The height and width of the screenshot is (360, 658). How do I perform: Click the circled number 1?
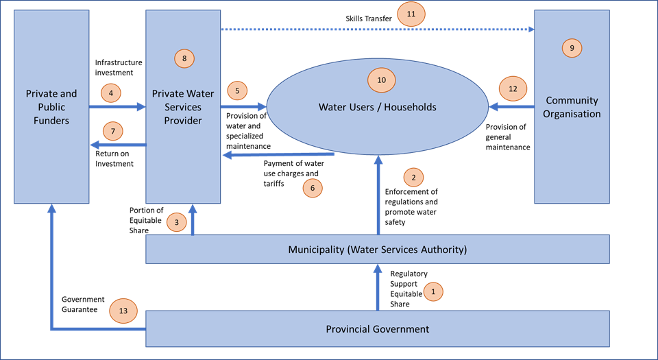tap(432, 291)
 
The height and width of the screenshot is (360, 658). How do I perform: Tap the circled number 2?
tap(413, 178)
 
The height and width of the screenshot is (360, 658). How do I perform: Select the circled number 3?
tap(176, 222)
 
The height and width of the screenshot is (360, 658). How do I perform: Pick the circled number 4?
tap(110, 93)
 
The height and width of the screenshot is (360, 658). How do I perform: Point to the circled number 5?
tap(236, 91)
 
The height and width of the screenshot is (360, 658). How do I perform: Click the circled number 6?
tap(312, 188)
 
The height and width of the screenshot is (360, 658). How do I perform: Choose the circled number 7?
tap(112, 130)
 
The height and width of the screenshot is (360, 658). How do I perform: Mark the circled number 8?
tap(184, 58)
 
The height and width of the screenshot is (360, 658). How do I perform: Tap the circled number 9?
tap(572, 48)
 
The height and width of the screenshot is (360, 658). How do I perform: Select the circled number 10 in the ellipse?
tap(382, 80)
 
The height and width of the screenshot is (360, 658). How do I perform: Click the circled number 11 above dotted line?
tap(411, 14)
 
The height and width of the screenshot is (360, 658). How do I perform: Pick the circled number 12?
tap(513, 88)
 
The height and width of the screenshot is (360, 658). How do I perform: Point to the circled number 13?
tap(123, 311)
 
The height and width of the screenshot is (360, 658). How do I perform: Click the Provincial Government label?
tap(377, 329)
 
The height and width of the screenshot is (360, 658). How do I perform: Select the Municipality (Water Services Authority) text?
tap(377, 250)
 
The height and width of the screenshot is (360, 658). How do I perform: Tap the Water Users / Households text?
tap(377, 107)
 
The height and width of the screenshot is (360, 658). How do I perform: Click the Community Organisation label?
tap(572, 108)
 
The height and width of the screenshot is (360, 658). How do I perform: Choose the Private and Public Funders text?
tap(51, 107)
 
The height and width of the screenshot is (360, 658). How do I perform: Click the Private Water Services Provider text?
tap(183, 107)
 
